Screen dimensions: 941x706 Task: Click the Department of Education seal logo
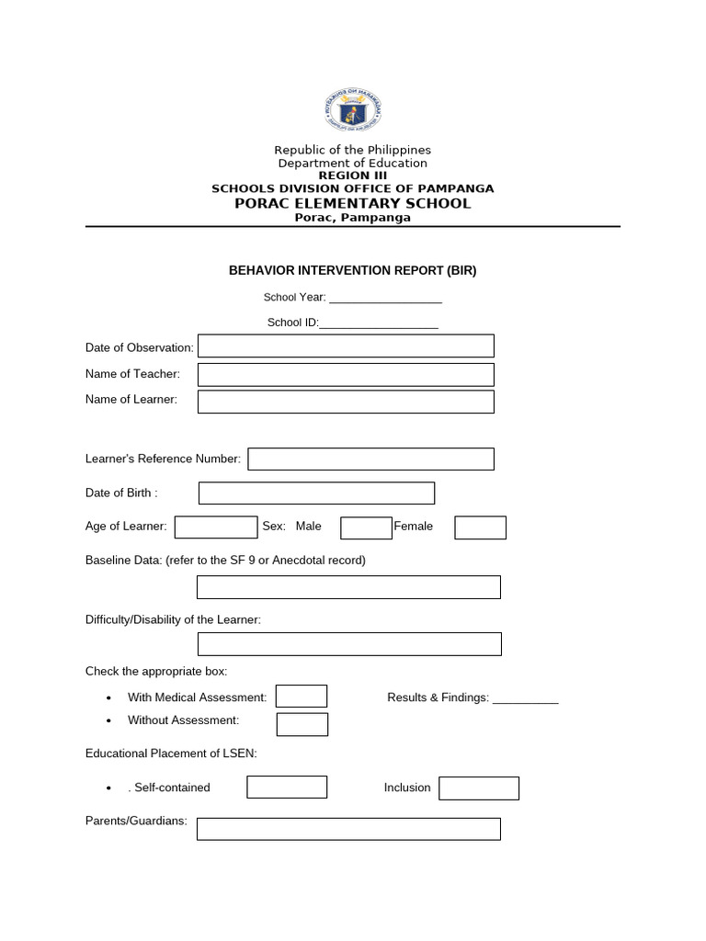352,111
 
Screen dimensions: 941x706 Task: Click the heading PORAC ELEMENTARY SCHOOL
352,203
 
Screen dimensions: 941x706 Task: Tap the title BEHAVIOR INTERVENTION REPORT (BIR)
352,271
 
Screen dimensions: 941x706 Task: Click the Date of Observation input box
346,346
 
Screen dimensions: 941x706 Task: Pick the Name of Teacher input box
346,374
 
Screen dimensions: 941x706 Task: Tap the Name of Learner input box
346,402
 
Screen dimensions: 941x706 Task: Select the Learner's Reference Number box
370,459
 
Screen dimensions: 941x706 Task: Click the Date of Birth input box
316,493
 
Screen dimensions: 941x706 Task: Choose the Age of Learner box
216,527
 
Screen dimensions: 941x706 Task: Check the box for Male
366,527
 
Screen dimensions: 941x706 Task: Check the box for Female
481,527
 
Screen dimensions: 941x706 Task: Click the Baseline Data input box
348,587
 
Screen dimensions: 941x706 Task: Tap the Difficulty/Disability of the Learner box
348,644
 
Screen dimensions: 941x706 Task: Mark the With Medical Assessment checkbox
302,697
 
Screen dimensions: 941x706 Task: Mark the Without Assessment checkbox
302,724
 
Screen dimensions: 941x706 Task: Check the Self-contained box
287,788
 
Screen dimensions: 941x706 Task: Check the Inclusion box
479,788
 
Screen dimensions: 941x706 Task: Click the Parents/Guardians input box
348,829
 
